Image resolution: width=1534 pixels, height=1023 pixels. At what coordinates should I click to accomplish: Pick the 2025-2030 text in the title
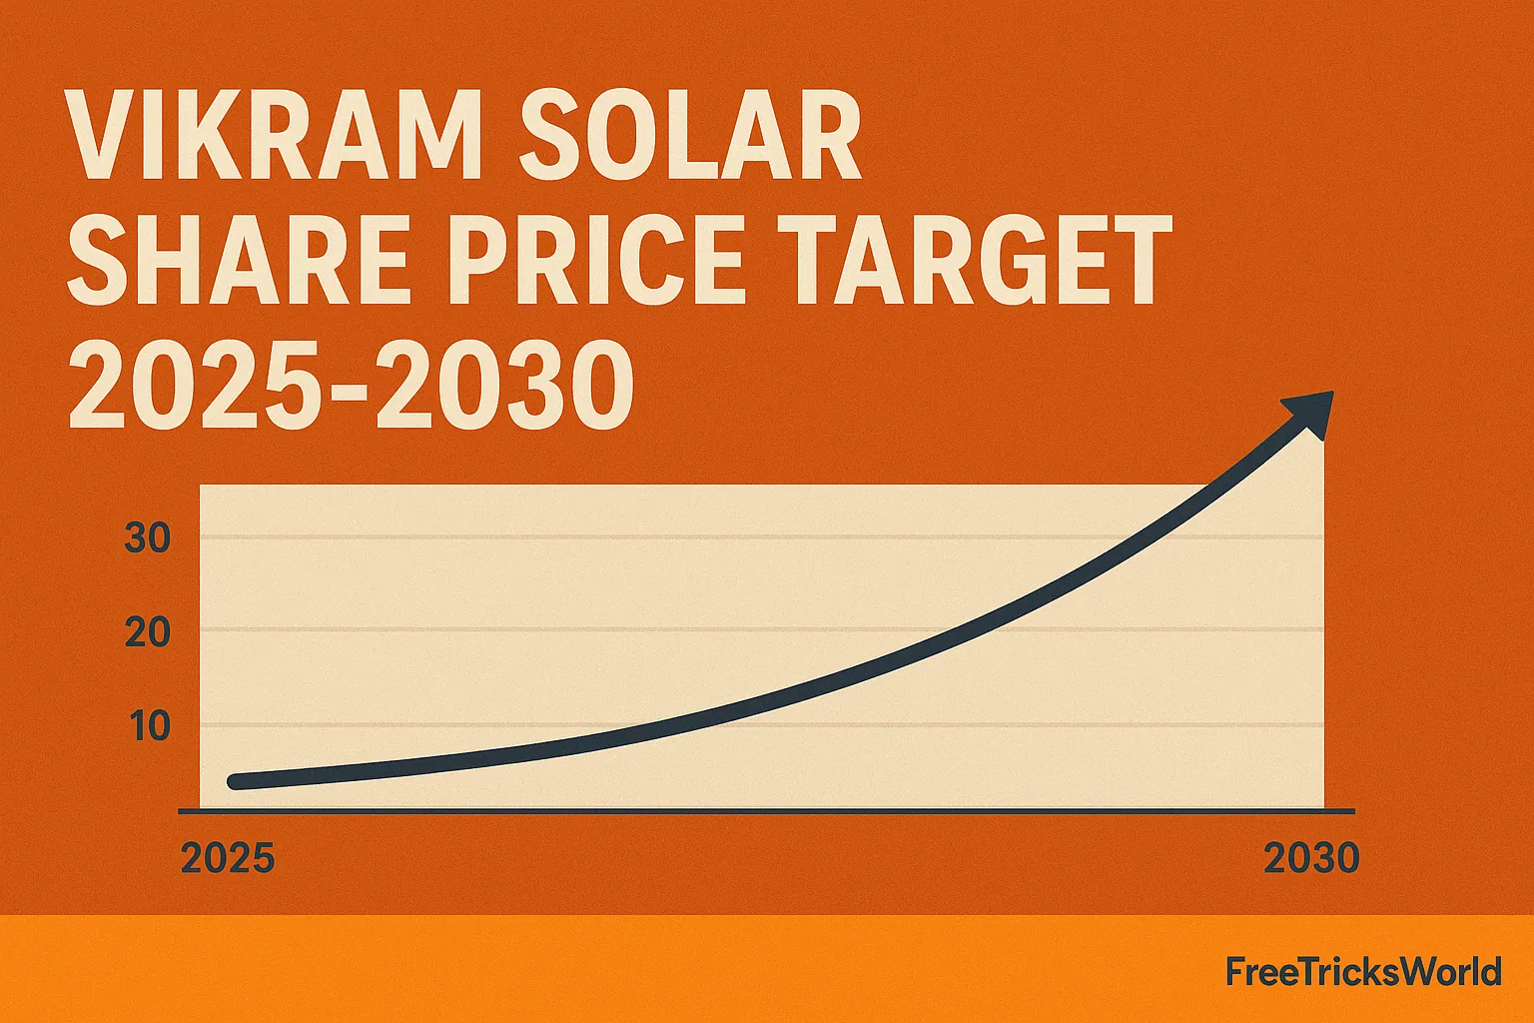350,385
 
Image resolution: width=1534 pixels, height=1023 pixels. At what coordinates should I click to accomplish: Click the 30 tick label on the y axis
148,539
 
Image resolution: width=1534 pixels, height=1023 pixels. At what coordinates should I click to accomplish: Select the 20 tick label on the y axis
148,632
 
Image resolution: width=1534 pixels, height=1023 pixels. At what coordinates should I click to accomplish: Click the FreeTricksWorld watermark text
1363,971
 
